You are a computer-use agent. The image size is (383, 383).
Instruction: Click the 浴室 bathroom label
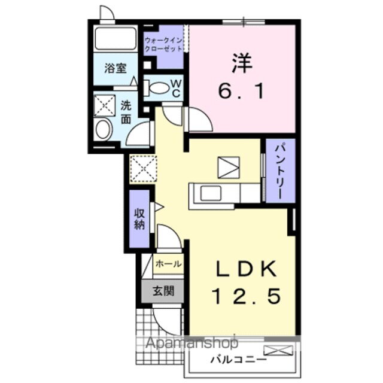point(115,68)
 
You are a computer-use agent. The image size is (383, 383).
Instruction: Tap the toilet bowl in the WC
point(159,89)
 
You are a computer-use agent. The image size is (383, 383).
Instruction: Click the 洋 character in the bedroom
point(241,62)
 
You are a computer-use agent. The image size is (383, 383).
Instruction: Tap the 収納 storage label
point(140,218)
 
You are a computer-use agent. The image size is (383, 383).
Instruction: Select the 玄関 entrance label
point(162,291)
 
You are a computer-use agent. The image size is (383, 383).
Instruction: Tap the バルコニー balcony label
point(229,360)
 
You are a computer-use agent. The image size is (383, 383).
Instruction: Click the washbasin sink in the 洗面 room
point(103,129)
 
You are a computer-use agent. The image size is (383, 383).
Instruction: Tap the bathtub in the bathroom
point(115,40)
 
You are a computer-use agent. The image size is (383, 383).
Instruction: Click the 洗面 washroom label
point(126,111)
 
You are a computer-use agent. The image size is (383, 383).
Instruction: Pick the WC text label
point(177,88)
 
